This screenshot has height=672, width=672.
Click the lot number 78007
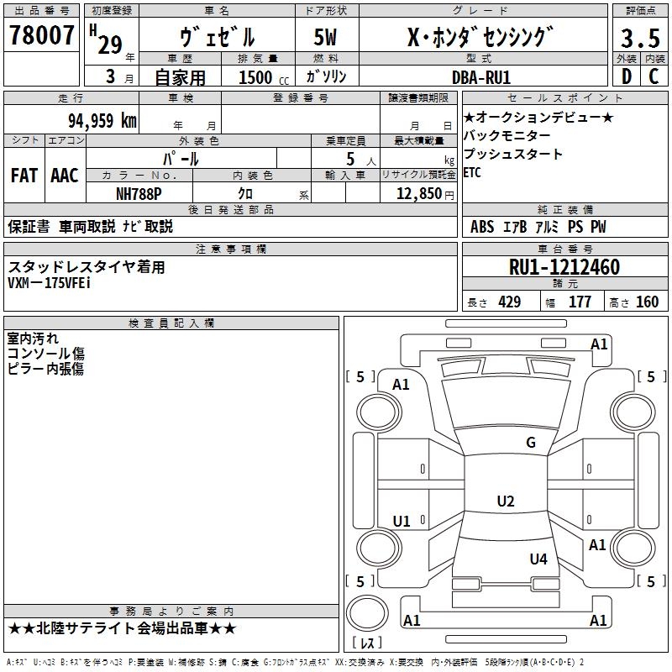tap(41, 35)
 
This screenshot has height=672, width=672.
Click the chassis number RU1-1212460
tap(564, 267)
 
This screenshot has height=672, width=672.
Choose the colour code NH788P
tap(139, 193)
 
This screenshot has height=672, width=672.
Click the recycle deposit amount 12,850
tap(412, 193)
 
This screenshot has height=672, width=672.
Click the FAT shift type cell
tap(24, 176)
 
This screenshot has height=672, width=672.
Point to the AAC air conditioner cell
tap(64, 176)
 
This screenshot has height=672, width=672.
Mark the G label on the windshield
tap(531, 443)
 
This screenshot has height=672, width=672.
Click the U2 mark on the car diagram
tap(505, 501)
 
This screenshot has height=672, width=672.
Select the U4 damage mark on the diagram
tap(538, 559)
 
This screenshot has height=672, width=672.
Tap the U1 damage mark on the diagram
tap(402, 522)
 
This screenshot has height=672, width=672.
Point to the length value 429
tap(509, 302)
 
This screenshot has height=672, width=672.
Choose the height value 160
tap(647, 302)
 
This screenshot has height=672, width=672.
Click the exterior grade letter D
tap(626, 77)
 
